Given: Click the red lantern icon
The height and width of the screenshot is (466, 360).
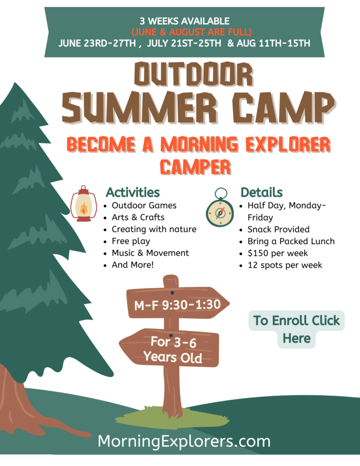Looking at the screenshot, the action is pyautogui.click(x=83, y=203).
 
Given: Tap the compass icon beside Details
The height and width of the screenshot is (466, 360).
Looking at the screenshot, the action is pyautogui.click(x=220, y=207).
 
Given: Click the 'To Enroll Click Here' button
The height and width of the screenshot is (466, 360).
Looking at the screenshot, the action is pyautogui.click(x=296, y=329).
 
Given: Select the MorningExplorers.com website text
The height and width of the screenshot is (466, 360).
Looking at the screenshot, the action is pyautogui.click(x=184, y=441).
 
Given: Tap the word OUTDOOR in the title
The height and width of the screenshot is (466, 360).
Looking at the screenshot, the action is pyautogui.click(x=194, y=74).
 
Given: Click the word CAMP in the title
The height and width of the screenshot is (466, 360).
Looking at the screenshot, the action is pyautogui.click(x=284, y=107).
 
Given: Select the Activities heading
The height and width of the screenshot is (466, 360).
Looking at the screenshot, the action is pyautogui.click(x=133, y=192).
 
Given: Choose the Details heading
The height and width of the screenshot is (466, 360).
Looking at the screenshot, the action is pyautogui.click(x=262, y=192).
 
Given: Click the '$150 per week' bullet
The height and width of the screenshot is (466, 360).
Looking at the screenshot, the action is pyautogui.click(x=277, y=253).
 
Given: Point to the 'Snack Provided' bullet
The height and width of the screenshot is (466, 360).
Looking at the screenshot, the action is pyautogui.click(x=278, y=229).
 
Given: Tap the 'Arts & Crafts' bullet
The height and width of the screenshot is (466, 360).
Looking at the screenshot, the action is pyautogui.click(x=138, y=217).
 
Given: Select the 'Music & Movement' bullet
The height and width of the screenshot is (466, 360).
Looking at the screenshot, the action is pyautogui.click(x=150, y=253).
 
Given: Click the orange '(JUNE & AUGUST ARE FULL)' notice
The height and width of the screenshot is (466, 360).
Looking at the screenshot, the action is pyautogui.click(x=191, y=32).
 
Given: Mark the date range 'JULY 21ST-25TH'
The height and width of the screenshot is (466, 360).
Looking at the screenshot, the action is pyautogui.click(x=184, y=44).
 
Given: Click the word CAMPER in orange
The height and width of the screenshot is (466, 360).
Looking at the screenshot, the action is pyautogui.click(x=195, y=166).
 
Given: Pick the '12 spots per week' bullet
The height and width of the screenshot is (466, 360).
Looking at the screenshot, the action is pyautogui.click(x=285, y=265).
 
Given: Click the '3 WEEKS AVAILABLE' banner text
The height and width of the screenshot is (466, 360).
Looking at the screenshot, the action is pyautogui.click(x=185, y=21).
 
